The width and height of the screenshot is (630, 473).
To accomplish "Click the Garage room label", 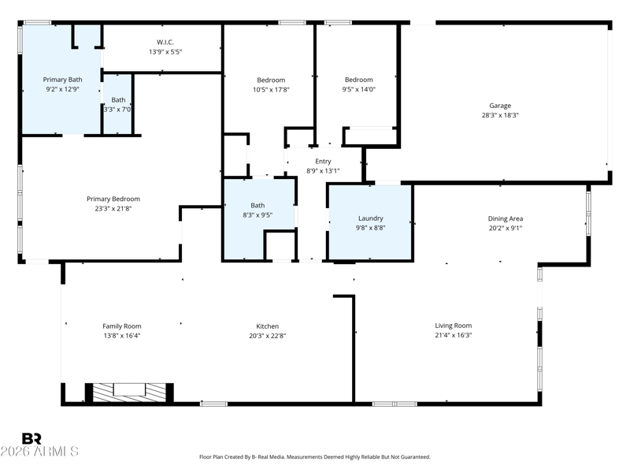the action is [x=500, y=106].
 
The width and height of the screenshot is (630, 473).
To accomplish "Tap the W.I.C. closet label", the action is [x=165, y=43].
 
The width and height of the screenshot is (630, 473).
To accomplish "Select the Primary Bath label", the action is [x=62, y=80].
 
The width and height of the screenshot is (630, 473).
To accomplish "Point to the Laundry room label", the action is [x=370, y=218].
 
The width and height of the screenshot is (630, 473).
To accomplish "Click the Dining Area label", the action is [x=506, y=218].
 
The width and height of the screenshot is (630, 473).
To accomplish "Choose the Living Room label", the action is [x=454, y=326].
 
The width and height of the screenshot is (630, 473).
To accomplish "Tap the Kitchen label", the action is [x=267, y=326].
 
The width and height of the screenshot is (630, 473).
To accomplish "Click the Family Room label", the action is [x=122, y=326].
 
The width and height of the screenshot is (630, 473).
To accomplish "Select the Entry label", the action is [x=323, y=162].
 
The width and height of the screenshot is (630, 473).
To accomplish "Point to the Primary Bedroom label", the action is [x=113, y=199].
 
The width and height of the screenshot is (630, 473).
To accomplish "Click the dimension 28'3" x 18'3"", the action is [x=500, y=115].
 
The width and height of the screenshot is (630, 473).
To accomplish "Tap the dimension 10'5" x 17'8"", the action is [x=271, y=90].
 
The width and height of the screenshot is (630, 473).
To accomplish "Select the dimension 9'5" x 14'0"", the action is [x=359, y=89].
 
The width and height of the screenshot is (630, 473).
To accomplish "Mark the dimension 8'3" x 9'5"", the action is [x=258, y=215].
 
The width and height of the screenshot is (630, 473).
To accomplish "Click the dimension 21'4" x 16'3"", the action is [x=454, y=336].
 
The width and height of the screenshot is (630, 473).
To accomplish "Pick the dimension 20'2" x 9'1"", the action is [x=506, y=228].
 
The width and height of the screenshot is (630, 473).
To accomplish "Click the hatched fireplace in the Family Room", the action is [x=129, y=392].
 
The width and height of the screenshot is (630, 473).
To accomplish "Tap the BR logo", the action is [x=31, y=438].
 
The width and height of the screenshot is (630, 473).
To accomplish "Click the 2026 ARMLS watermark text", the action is [x=39, y=451].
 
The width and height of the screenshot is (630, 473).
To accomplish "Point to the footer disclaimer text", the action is [x=314, y=457].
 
